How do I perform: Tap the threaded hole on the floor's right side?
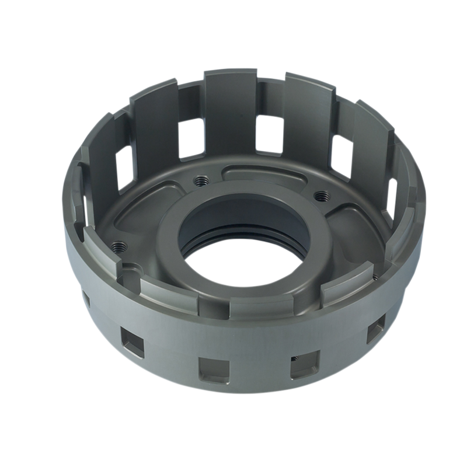[x=319, y=194]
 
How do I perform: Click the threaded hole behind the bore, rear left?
[x=201, y=179]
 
